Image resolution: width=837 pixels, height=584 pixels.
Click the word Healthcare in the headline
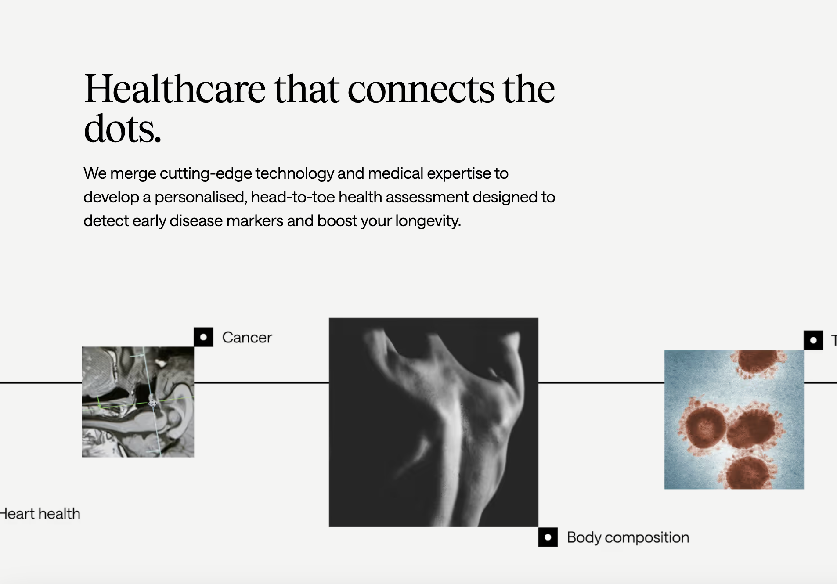point(175,89)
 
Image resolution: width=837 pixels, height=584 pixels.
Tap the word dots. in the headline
point(123,129)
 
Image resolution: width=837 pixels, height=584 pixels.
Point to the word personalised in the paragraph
point(201,198)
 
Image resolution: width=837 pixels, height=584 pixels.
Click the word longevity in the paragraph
point(428,221)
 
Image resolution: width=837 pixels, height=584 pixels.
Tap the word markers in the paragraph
point(254,221)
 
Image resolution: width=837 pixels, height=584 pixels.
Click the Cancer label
point(247,338)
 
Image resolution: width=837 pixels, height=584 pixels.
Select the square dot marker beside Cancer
point(203,337)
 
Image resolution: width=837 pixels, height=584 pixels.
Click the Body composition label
point(628,538)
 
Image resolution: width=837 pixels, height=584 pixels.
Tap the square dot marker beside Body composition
point(548,537)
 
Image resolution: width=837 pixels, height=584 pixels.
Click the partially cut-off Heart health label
point(40,514)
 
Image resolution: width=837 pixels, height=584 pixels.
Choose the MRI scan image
point(138,402)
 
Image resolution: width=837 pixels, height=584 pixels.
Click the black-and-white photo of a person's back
point(433,422)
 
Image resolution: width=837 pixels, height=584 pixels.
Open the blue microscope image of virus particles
point(734,419)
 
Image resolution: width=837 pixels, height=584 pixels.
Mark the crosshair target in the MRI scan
point(152,402)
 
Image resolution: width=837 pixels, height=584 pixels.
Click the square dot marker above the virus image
point(813,340)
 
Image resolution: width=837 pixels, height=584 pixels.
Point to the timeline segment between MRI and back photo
point(261,383)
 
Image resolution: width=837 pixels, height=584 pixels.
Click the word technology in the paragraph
point(295,174)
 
